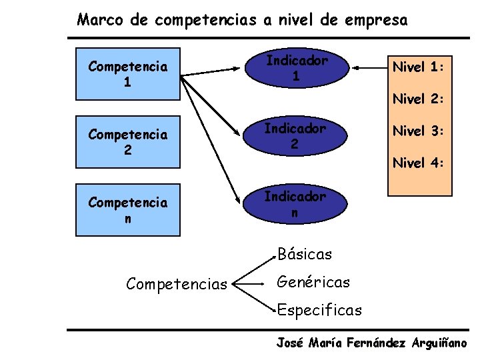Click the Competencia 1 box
click(x=128, y=75)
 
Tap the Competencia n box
click(x=128, y=210)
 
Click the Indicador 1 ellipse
click(x=296, y=68)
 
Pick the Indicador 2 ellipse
click(x=295, y=136)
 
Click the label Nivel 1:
click(x=418, y=67)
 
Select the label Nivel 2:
click(x=418, y=99)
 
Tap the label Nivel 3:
click(x=418, y=131)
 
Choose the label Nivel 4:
click(x=418, y=162)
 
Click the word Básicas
click(x=304, y=254)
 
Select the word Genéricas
click(x=313, y=283)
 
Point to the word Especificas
click(x=319, y=311)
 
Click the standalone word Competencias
click(x=177, y=285)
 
